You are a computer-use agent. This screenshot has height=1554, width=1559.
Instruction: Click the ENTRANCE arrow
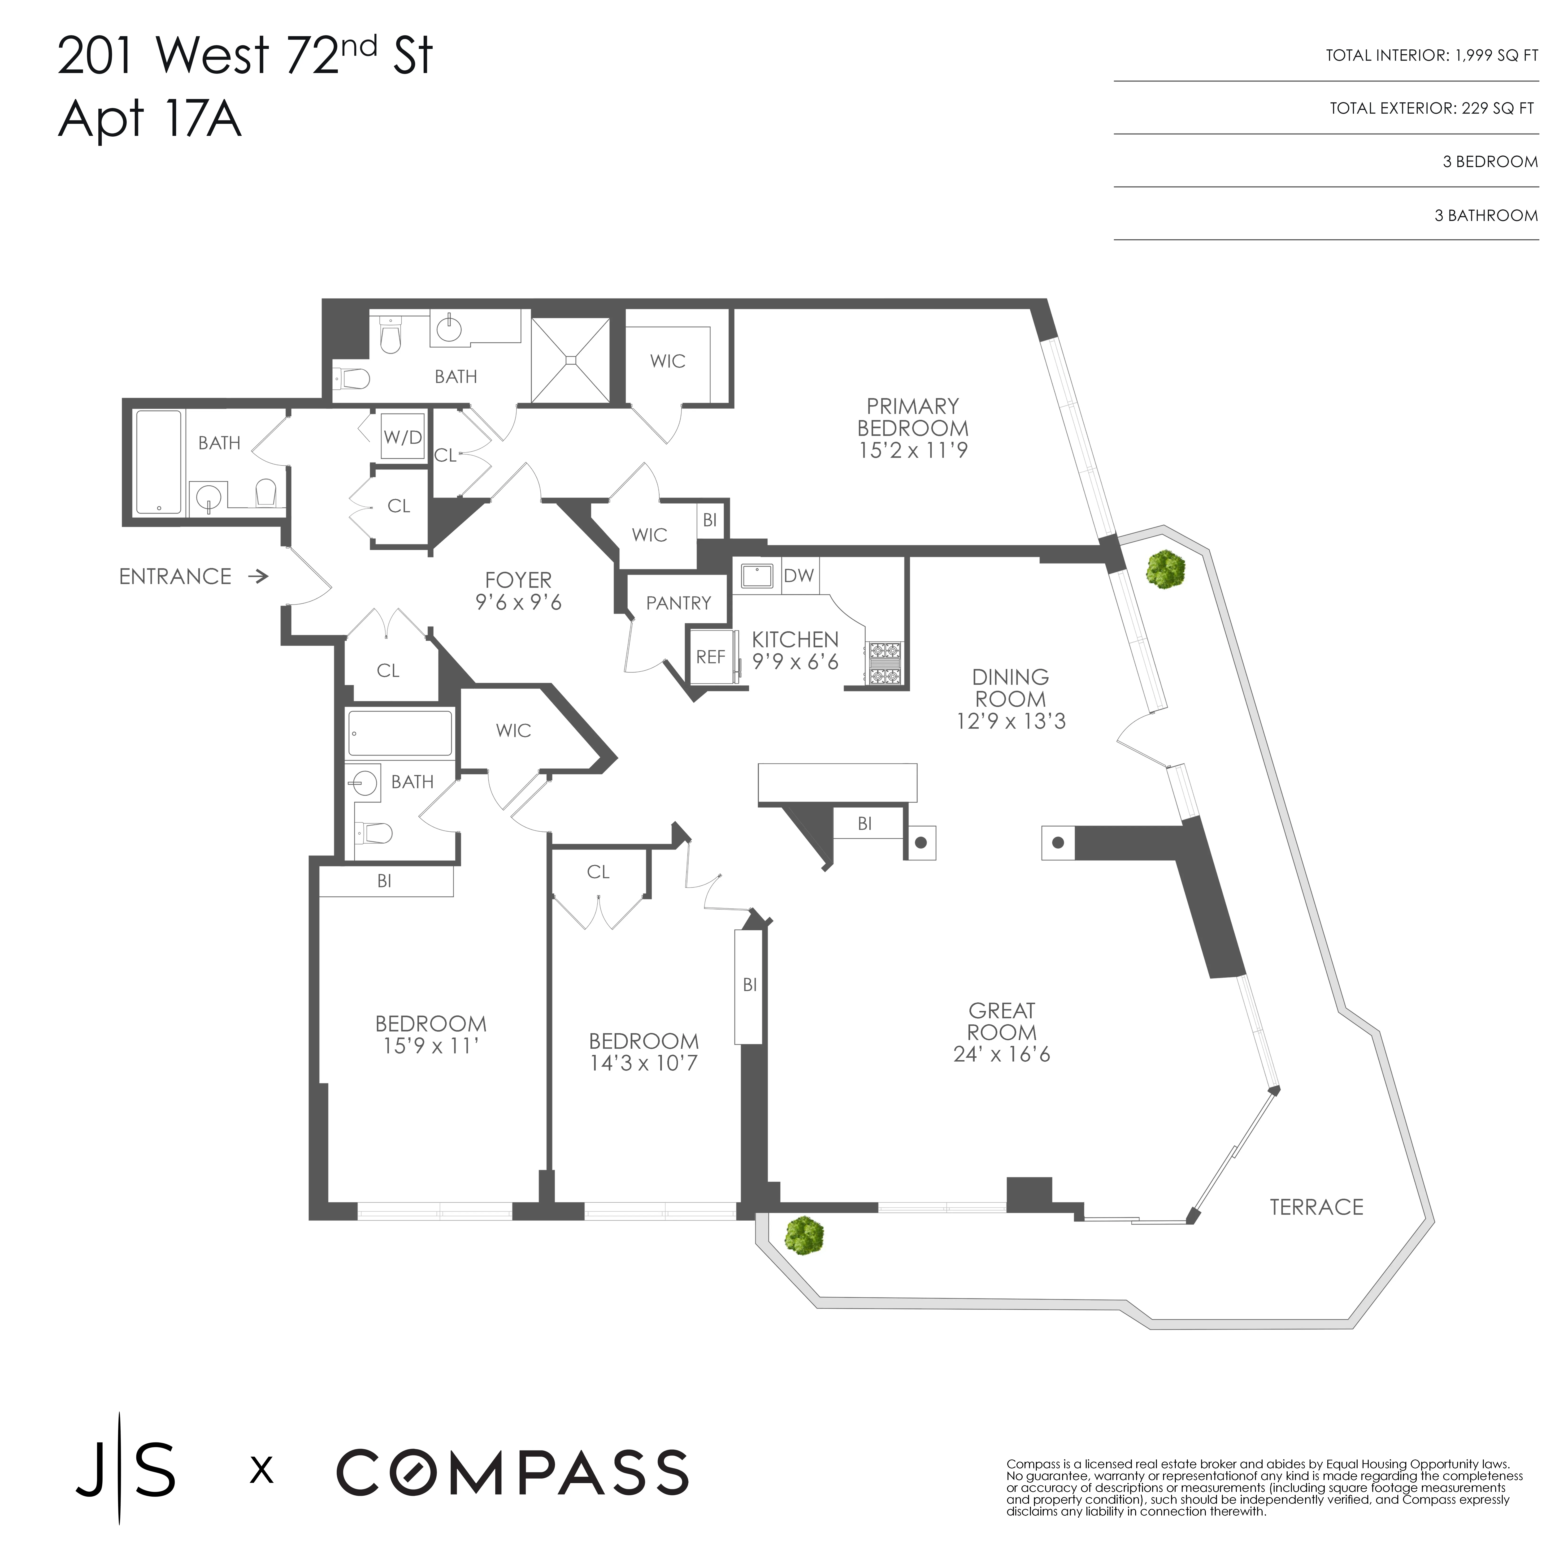258,576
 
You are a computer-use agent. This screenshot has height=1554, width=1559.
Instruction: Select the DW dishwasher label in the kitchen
798,575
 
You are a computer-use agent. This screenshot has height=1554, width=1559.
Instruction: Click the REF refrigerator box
710,657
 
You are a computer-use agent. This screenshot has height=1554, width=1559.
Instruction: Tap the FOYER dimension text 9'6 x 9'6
518,602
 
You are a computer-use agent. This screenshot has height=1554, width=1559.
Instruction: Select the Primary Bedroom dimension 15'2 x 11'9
913,450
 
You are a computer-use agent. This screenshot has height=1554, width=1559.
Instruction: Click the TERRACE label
1316,1207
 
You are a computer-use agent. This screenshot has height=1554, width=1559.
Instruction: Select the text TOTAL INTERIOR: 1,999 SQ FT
1431,56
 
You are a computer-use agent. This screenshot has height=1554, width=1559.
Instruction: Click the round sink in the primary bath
449,328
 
